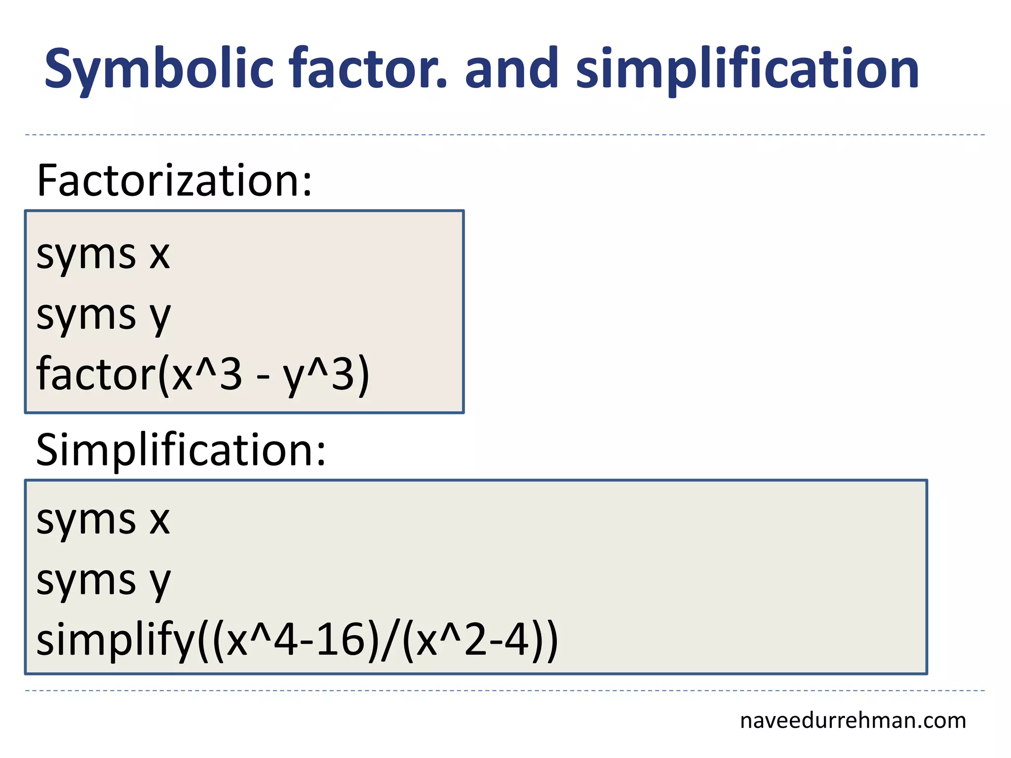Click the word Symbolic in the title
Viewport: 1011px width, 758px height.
coord(159,69)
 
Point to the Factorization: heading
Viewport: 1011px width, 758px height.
coord(174,181)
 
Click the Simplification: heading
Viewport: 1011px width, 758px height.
coord(181,450)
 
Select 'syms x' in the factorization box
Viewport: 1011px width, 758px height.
coord(103,255)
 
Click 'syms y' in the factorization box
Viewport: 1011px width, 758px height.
coord(103,316)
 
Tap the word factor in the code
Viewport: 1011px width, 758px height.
coord(96,374)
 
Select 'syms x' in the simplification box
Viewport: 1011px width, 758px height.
coord(103,520)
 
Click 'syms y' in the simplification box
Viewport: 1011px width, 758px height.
coord(103,581)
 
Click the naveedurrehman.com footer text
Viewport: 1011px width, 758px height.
coord(853,721)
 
